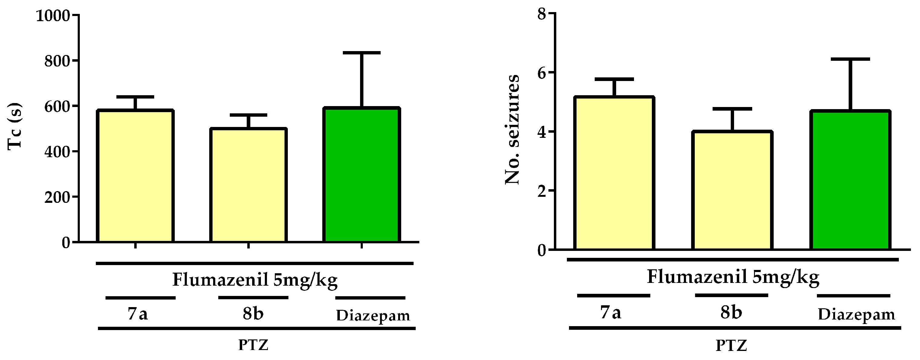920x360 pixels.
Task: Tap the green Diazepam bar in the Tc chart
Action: pos(361,175)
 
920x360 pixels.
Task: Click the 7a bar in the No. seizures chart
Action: pos(614,173)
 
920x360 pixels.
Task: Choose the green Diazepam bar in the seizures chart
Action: pos(850,180)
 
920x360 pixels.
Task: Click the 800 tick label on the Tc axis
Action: pos(57,61)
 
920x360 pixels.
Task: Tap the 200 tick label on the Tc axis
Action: pos(57,197)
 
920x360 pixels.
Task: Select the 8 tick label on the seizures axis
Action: pos(542,14)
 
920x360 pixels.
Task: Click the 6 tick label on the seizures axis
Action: pos(542,73)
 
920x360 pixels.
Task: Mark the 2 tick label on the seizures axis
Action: pos(542,191)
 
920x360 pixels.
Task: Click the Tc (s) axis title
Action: pos(15,126)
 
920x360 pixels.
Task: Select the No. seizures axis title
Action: pos(512,129)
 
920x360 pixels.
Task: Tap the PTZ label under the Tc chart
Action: pos(253,345)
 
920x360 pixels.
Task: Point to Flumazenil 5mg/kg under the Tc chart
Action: pos(255,280)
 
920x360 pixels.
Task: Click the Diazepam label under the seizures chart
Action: pos(857,315)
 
